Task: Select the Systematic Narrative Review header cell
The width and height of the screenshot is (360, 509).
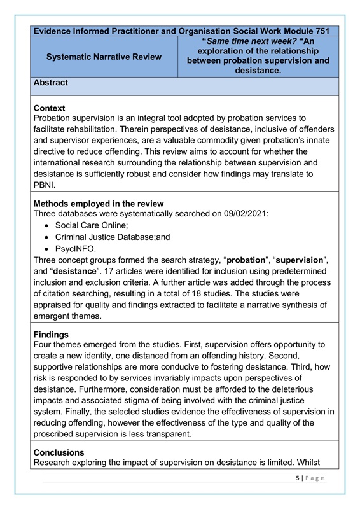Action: coord(104,57)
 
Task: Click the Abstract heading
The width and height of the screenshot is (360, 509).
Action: coord(50,83)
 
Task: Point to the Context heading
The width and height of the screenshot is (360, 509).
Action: coord(49,108)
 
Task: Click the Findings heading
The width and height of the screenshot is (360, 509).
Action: coord(52,334)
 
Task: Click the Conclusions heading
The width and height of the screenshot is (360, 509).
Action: coord(60,453)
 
